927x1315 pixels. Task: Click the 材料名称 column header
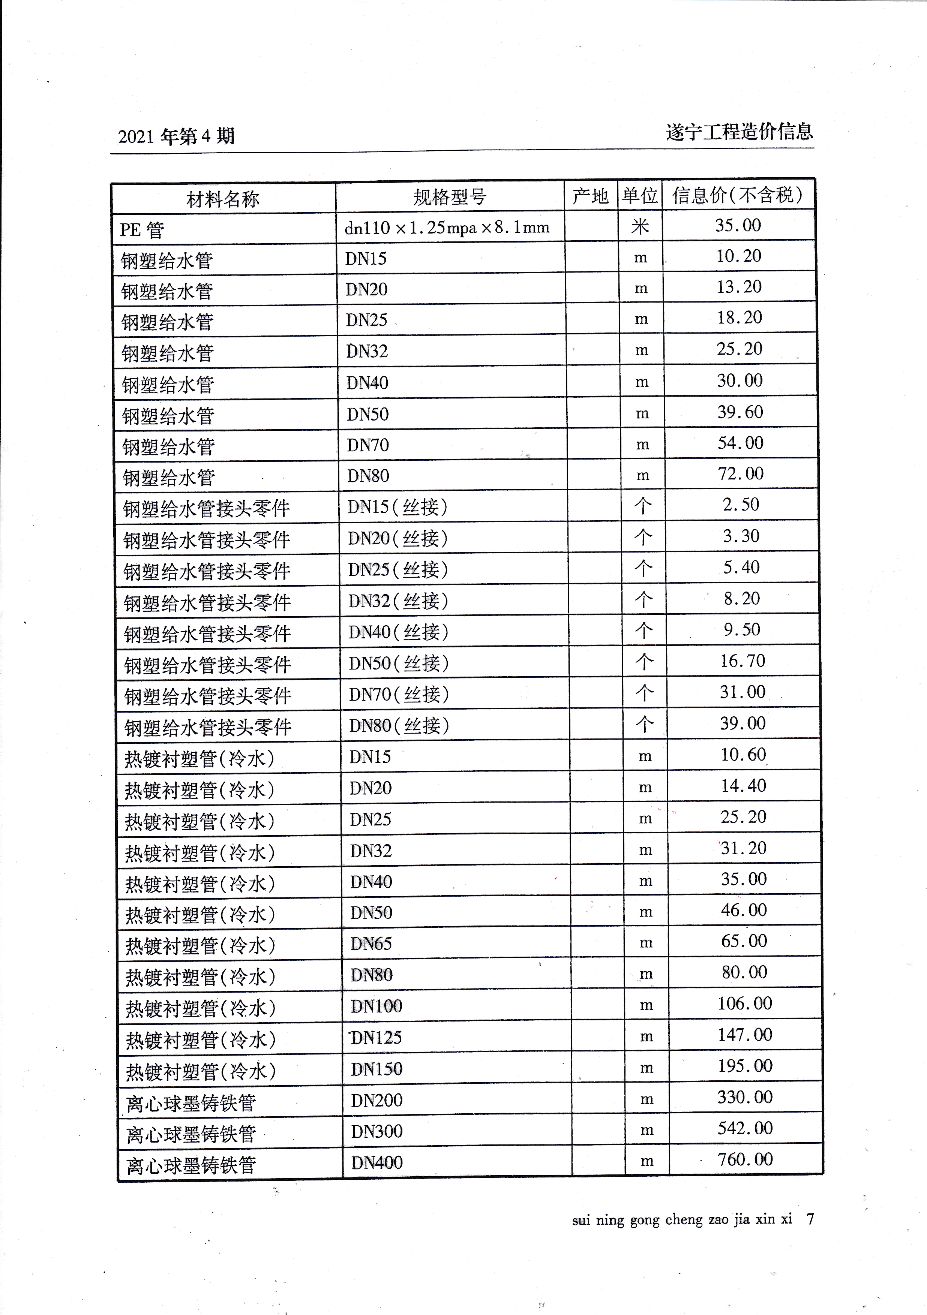222,199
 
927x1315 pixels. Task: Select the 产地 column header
590,196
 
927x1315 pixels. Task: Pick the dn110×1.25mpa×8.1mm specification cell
447,228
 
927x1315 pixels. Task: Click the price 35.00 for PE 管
738,225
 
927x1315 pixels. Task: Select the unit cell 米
640,226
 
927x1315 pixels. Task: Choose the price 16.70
742,660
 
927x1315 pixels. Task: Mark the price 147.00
745,1034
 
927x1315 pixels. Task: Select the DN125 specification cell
376,1037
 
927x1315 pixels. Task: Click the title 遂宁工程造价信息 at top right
739,132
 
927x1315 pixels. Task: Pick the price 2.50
741,505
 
